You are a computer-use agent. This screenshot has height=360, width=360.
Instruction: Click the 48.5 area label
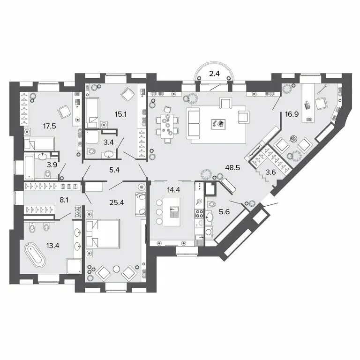[232, 168]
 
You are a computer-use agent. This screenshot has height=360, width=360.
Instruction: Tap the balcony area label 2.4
[214, 74]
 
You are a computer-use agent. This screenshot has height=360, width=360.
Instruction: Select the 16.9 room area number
[292, 114]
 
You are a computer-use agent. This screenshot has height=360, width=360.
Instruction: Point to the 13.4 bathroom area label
[52, 246]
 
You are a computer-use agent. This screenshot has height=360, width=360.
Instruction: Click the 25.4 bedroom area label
[117, 202]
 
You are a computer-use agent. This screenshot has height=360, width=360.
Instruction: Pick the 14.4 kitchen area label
[173, 190]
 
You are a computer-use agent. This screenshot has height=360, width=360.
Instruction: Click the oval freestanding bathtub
[35, 255]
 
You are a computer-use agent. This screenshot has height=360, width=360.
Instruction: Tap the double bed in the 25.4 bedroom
[103, 234]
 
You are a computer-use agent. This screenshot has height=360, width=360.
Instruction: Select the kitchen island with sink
[172, 212]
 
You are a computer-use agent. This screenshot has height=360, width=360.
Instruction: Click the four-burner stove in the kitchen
[199, 214]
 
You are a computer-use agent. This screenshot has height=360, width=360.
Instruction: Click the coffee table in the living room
[218, 124]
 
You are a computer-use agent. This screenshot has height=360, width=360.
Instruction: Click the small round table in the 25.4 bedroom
[117, 269]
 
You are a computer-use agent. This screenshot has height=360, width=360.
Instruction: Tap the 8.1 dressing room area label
[64, 200]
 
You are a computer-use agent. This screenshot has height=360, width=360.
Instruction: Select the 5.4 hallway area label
[114, 170]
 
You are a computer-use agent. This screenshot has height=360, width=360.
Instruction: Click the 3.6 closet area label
[270, 172]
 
